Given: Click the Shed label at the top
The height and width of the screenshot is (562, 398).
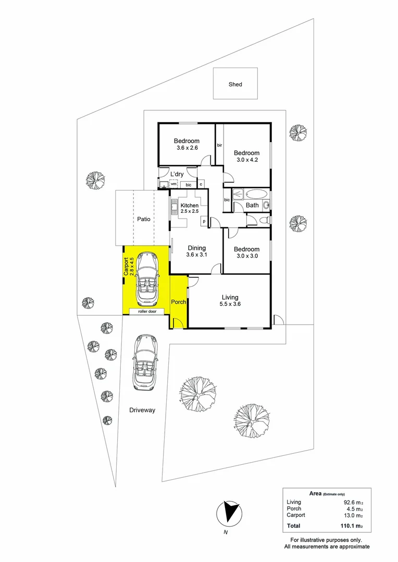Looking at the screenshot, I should [235, 84].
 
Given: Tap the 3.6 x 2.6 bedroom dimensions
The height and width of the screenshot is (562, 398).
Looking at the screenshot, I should [186, 148].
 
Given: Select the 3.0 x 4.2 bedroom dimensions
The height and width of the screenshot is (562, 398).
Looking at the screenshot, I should [246, 160].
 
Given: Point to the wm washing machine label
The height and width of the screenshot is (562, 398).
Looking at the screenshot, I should [173, 184].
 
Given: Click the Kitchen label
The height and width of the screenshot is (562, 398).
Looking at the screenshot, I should [189, 206].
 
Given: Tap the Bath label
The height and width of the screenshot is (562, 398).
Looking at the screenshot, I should [252, 205].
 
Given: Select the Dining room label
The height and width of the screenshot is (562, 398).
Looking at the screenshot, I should [196, 248].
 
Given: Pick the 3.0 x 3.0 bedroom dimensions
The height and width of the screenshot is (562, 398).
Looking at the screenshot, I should [246, 256].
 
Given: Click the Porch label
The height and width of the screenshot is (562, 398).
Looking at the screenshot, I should [179, 302].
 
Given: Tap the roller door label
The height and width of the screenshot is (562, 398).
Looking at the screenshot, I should [147, 311].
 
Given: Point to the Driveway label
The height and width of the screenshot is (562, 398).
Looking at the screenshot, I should [142, 410].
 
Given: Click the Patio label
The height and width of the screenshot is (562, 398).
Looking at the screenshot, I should [144, 219].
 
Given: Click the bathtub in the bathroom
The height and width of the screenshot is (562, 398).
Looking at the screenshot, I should [255, 195].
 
